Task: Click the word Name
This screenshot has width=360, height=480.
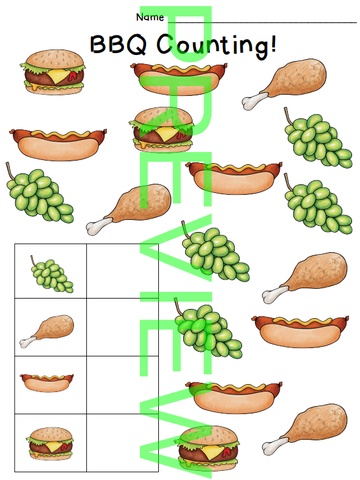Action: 150,17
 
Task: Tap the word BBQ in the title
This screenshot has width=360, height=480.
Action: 118,45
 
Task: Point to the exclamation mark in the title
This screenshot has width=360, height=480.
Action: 273,43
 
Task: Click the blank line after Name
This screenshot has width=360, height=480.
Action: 262,23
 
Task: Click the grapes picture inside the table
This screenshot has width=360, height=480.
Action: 51,274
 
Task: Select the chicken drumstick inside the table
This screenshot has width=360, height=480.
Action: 47,330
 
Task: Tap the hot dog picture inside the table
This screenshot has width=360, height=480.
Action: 47,383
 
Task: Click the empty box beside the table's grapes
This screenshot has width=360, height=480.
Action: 123,271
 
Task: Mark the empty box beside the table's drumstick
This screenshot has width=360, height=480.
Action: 123,327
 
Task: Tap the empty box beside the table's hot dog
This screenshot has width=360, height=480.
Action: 123,385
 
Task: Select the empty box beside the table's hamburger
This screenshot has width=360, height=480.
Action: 123,443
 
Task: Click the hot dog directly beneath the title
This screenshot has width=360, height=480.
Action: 179,78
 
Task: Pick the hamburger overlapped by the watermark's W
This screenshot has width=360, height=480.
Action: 207,448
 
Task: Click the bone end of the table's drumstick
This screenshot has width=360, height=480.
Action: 26,343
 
